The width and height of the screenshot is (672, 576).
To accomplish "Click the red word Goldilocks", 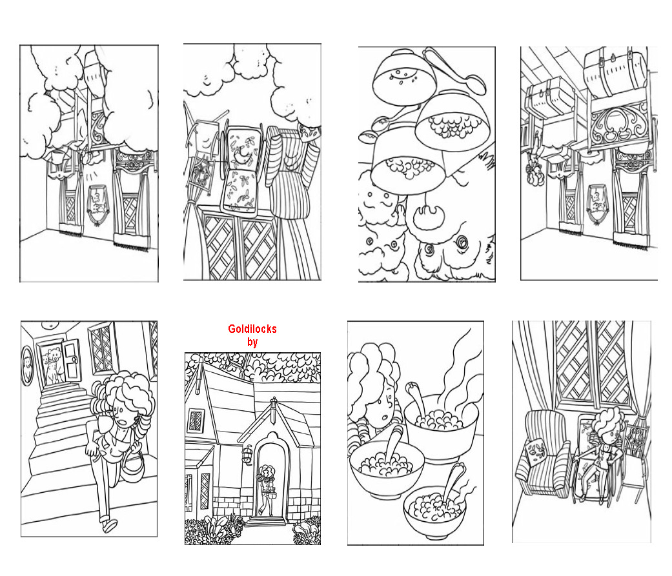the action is pyautogui.click(x=252, y=329).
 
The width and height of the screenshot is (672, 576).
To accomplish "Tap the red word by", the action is pyautogui.click(x=252, y=342).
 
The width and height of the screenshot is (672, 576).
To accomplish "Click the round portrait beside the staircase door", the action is pyautogui.click(x=27, y=364).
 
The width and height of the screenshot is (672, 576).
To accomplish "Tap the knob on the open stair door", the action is pyautogui.click(x=74, y=359).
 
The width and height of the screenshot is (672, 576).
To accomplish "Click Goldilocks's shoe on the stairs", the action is pyautogui.click(x=109, y=524).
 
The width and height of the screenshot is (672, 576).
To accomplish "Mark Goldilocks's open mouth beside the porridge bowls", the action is pyautogui.click(x=385, y=417).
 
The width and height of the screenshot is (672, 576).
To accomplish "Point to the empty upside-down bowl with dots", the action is pyautogui.click(x=403, y=79).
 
